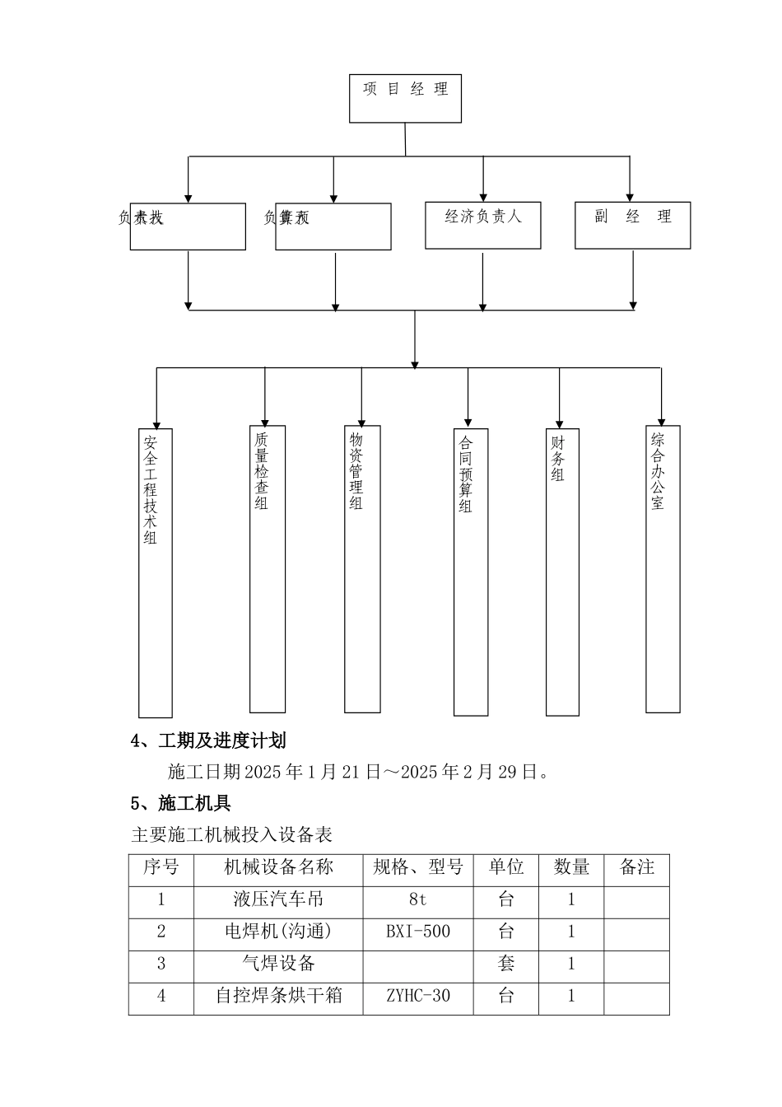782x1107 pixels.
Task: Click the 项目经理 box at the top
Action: pyautogui.click(x=405, y=99)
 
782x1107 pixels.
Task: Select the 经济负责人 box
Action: pyautogui.click(x=483, y=225)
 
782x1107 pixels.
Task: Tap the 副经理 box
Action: pyautogui.click(x=632, y=225)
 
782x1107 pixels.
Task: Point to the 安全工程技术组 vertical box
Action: pyautogui.click(x=156, y=572)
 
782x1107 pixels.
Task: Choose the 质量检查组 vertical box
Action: pyautogui.click(x=268, y=568)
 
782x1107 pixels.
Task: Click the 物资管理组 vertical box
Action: pyautogui.click(x=362, y=568)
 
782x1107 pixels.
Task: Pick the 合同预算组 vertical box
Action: pyautogui.click(x=471, y=572)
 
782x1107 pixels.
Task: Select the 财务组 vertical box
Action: pyautogui.click(x=562, y=572)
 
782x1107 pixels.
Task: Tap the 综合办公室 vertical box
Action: pyautogui.click(x=663, y=568)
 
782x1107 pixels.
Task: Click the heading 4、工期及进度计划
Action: pyautogui.click(x=208, y=740)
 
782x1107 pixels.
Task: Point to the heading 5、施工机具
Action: pyautogui.click(x=181, y=803)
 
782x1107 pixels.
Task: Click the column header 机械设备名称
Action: pyautogui.click(x=278, y=867)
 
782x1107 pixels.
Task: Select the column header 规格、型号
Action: pyautogui.click(x=418, y=867)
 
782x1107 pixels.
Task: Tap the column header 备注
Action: pyautogui.click(x=636, y=867)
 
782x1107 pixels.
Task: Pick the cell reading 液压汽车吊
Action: pyautogui.click(x=278, y=899)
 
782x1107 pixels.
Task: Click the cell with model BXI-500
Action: pyautogui.click(x=418, y=932)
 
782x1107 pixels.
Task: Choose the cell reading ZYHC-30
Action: pyautogui.click(x=418, y=996)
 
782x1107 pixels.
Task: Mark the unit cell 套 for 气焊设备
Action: pyautogui.click(x=506, y=964)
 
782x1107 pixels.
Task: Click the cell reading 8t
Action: pyautogui.click(x=418, y=899)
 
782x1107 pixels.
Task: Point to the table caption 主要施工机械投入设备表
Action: pyautogui.click(x=231, y=835)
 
